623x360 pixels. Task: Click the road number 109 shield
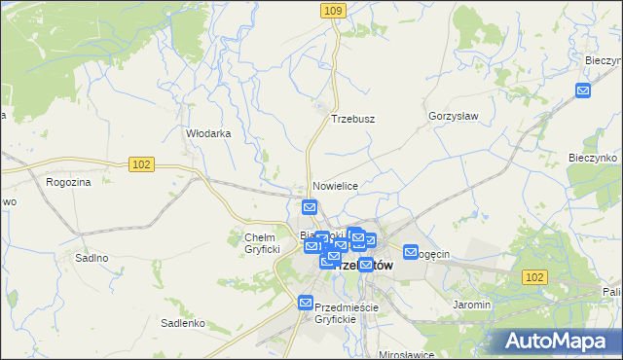point(333,10)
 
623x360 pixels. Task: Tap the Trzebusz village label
point(352,119)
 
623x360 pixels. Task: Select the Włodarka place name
point(208,134)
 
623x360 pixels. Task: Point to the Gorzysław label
point(453,115)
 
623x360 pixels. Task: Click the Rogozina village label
point(68,181)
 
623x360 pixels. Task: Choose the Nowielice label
point(336,185)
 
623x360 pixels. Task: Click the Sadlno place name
point(92,258)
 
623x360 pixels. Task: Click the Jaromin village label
point(471,305)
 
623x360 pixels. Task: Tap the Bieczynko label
point(594,157)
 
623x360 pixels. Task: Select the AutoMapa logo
point(561,341)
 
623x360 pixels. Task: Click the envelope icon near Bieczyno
point(583,91)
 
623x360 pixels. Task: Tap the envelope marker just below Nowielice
point(310,206)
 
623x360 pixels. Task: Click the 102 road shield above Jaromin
point(533,277)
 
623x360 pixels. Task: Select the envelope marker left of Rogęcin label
point(411,251)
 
